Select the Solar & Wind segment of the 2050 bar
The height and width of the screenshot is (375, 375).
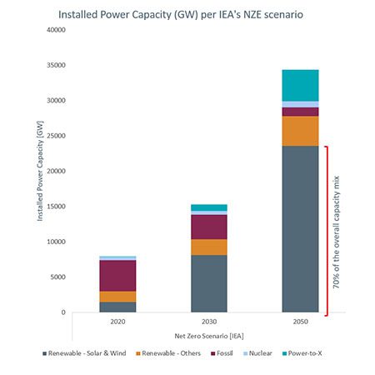[x=300, y=229]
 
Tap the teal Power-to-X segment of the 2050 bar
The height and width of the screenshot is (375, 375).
[x=300, y=85]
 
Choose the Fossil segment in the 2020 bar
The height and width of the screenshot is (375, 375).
[x=118, y=275]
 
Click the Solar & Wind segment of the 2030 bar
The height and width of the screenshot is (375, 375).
[x=210, y=283]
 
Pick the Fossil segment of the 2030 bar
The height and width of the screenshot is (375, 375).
[x=210, y=227]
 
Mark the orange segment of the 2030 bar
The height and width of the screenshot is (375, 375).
[x=210, y=247]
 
